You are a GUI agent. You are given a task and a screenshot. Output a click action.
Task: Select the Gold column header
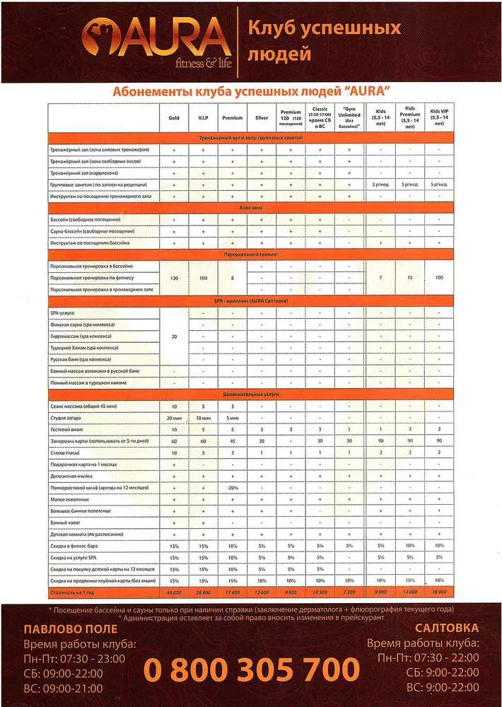click(174, 118)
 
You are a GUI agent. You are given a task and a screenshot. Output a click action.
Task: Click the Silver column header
click(261, 118)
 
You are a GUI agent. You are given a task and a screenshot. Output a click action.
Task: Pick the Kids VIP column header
click(440, 118)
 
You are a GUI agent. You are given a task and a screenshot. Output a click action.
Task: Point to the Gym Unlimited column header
click(349, 118)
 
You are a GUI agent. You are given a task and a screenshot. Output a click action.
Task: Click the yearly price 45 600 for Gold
click(174, 591)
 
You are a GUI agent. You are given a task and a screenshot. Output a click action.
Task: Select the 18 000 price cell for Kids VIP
click(440, 591)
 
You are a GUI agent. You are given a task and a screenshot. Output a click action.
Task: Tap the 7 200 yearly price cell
click(349, 591)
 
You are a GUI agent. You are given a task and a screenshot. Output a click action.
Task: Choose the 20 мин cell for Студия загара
click(174, 418)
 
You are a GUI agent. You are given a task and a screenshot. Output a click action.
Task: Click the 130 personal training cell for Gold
click(174, 277)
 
